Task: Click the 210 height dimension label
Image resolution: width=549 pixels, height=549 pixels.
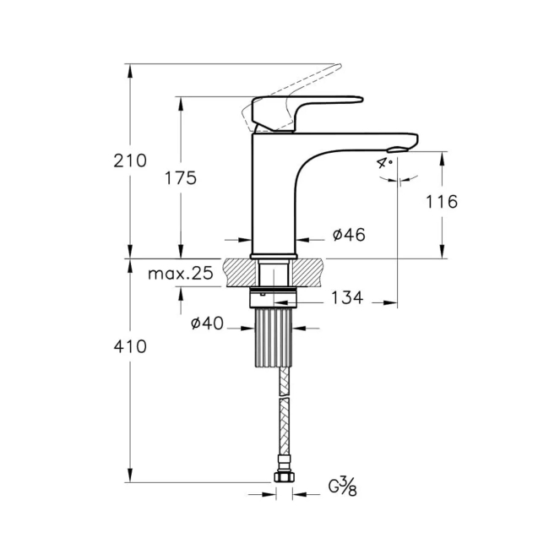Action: (x=130, y=160)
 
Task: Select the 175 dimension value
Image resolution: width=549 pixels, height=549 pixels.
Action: (x=180, y=178)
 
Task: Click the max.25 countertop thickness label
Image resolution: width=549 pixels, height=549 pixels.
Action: (x=180, y=274)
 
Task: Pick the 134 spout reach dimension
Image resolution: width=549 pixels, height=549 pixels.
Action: (x=347, y=297)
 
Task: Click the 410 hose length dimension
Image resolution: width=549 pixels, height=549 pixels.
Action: (x=130, y=346)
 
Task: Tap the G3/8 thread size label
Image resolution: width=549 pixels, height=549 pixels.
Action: (x=342, y=486)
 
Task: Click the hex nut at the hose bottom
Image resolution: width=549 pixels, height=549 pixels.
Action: (x=285, y=479)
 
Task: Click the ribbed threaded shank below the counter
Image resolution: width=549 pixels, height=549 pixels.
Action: (x=274, y=336)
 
